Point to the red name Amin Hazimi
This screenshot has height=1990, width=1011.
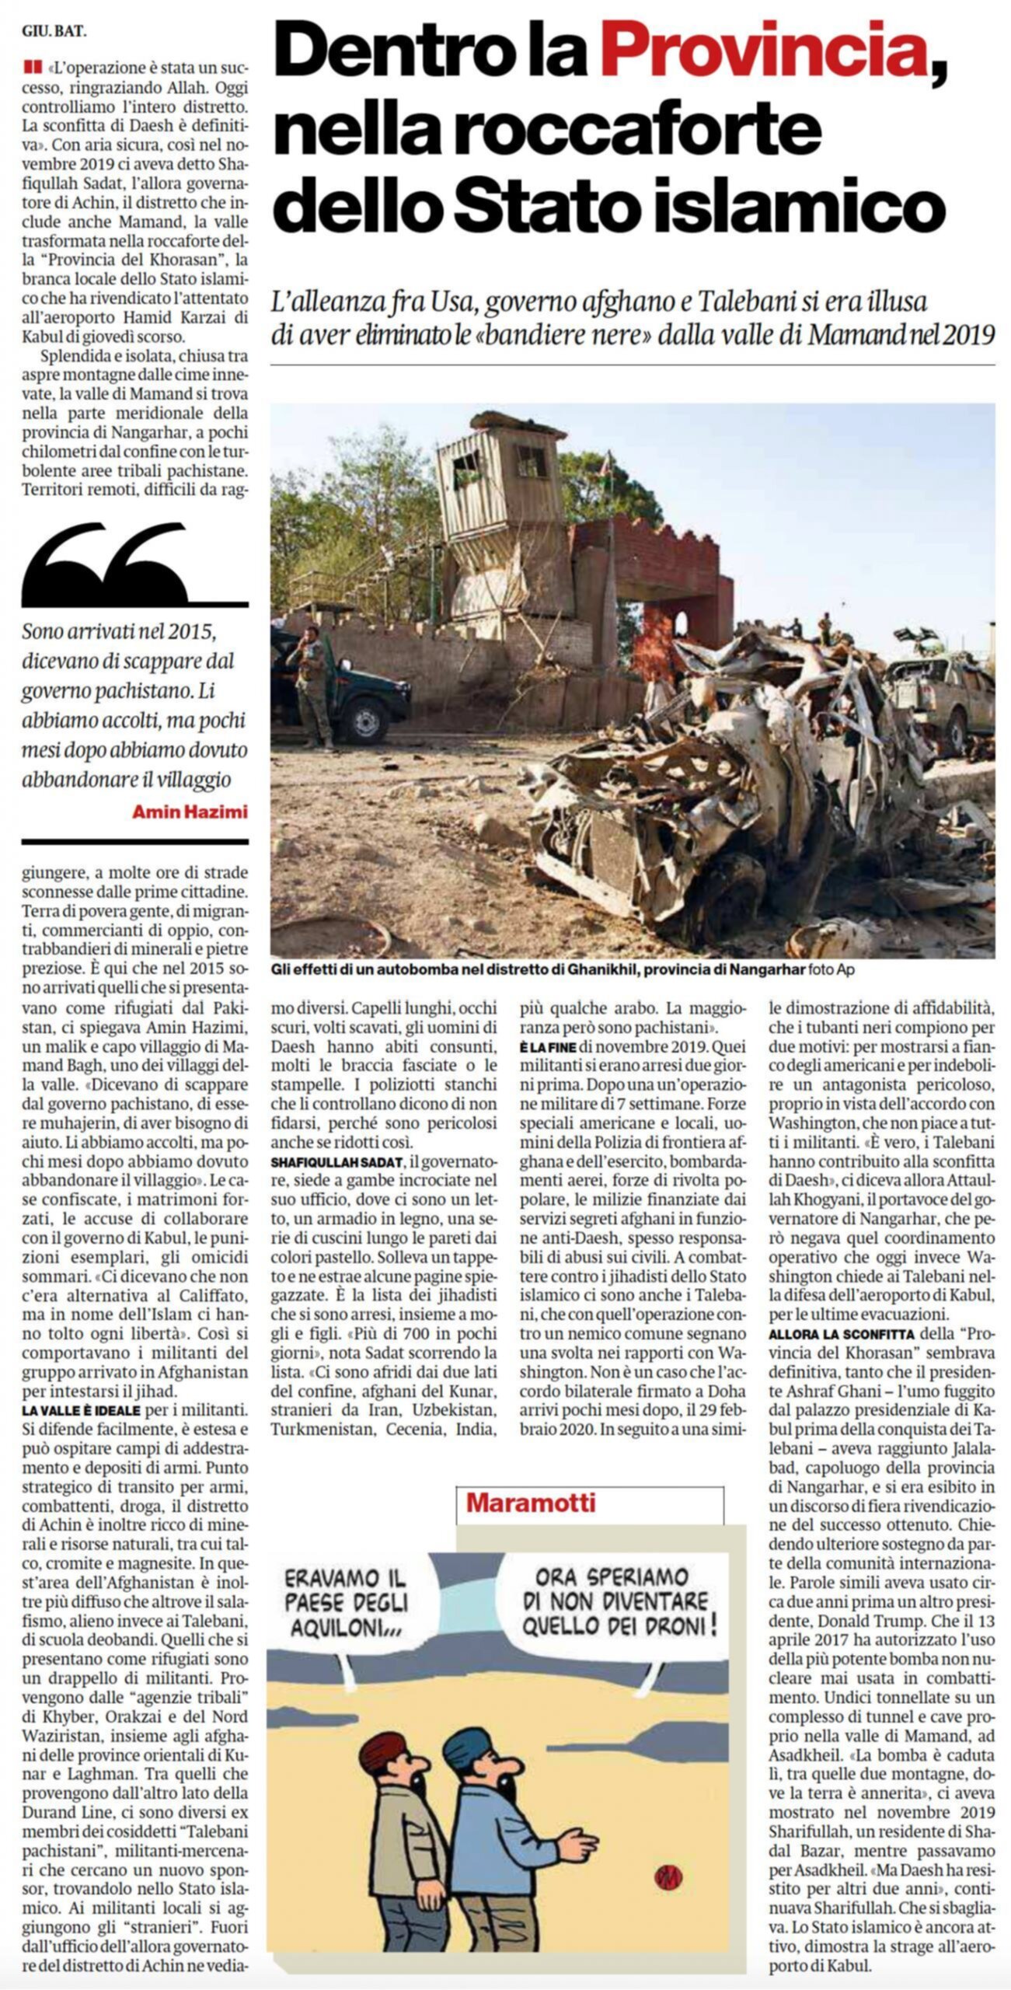pos(190,812)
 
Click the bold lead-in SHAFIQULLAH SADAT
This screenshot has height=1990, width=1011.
pos(337,1161)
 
